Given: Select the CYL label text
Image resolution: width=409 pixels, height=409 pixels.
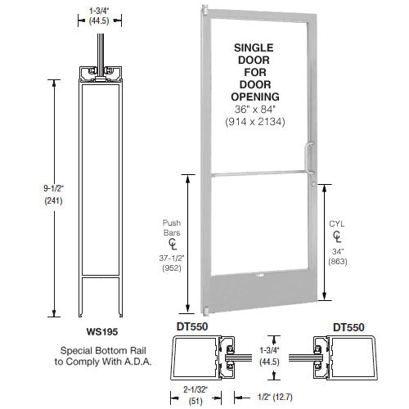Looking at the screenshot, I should pos(338,220).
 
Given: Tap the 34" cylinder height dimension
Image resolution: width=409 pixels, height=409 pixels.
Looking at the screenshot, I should pos(338,251).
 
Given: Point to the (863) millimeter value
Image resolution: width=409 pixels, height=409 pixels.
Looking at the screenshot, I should pos(338,263).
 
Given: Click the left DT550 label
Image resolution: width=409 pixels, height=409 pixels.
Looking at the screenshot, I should pos(189,326).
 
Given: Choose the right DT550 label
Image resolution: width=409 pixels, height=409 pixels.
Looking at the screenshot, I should pos(349,326).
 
